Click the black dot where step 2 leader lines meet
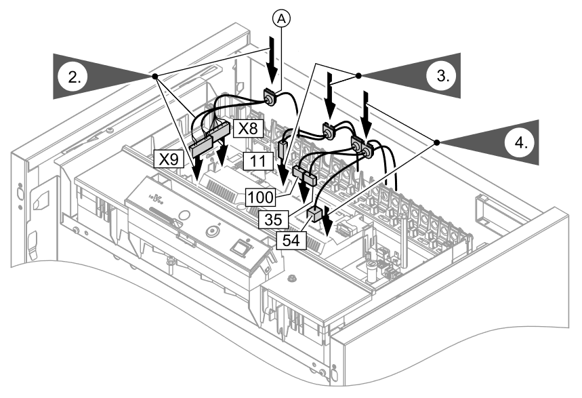coord(156,76)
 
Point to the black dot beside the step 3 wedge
coord(359,75)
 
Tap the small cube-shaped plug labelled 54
coord(315,215)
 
